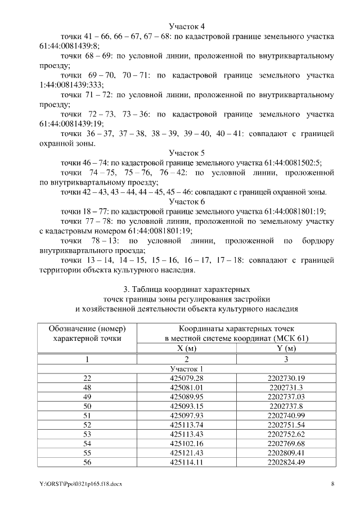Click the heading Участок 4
click(x=187, y=26)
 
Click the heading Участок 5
click(x=187, y=152)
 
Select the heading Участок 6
click(x=187, y=201)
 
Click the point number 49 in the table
click(x=87, y=397)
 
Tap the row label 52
click(x=87, y=426)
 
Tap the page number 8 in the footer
click(x=332, y=484)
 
